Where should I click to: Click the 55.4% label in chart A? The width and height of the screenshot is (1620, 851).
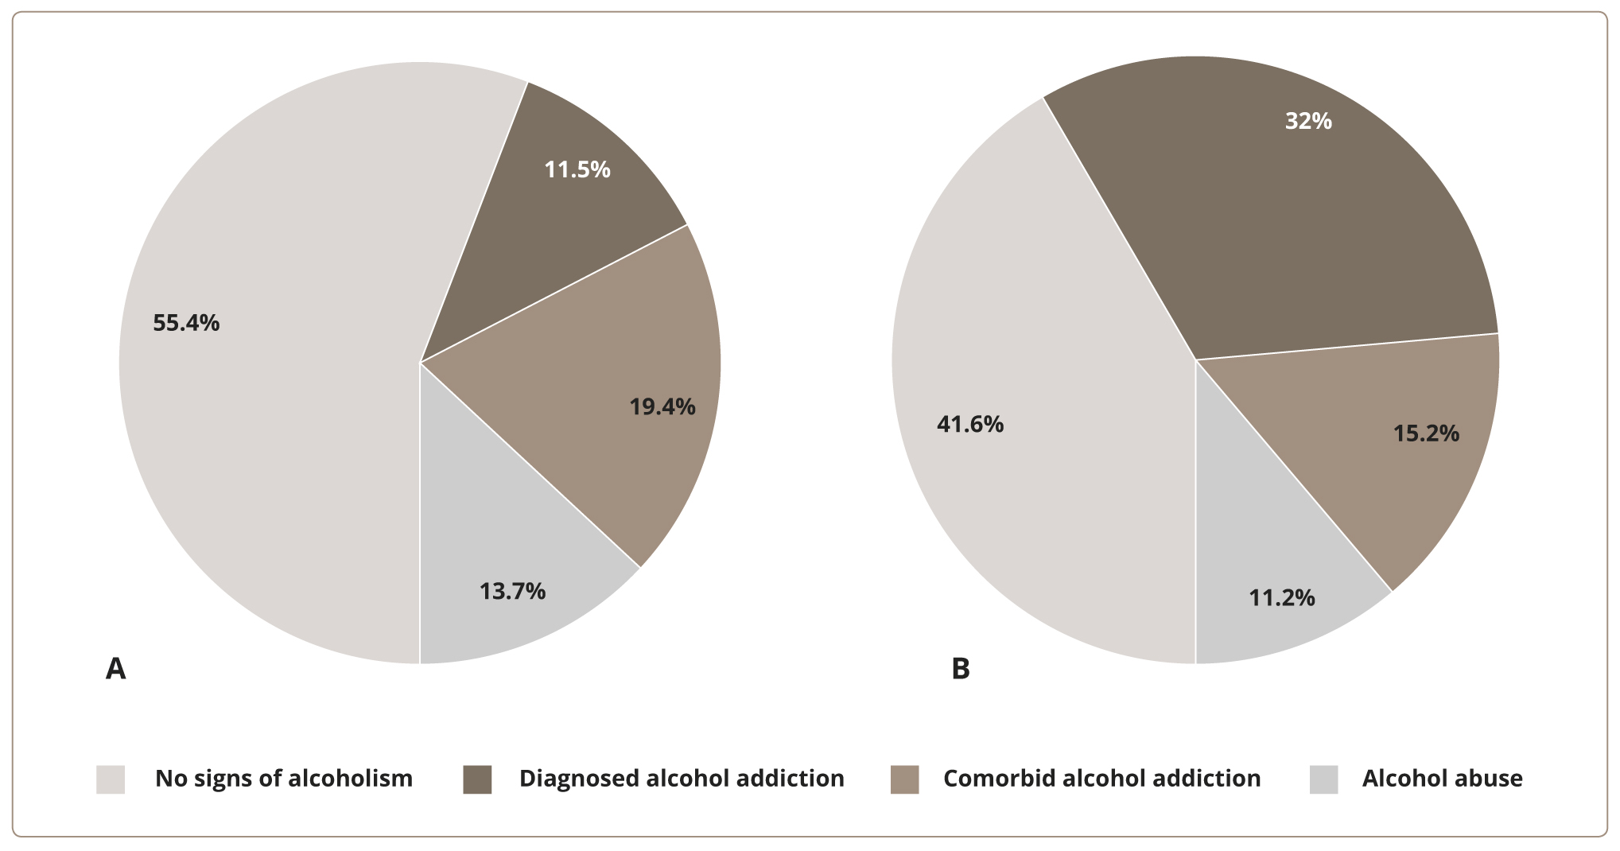coord(186,323)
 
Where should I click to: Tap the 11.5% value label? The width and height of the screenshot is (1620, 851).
coord(577,169)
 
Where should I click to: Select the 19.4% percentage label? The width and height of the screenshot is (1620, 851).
coord(662,407)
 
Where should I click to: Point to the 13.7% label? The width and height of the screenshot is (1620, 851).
coord(512,591)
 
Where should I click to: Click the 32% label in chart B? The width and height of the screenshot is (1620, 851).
coord(1308,121)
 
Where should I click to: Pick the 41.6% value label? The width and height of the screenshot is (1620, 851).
coord(970,425)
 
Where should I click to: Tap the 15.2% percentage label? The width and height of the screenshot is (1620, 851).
coord(1426,433)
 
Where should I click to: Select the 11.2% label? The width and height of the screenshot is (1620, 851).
coord(1282,597)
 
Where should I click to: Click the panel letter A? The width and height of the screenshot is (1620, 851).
coord(116,669)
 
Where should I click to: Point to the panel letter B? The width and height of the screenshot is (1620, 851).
coord(961,669)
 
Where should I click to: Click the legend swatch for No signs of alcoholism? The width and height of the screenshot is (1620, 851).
coord(111,779)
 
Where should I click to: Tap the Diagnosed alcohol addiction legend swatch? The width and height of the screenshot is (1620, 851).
coord(477,779)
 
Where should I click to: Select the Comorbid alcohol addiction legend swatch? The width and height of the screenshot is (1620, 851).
coord(905,779)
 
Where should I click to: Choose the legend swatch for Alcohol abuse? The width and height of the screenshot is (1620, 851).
coord(1323,779)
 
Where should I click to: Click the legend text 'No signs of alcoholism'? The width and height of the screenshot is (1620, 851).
coord(284,779)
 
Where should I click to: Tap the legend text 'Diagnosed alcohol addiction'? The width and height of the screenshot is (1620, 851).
coord(682,779)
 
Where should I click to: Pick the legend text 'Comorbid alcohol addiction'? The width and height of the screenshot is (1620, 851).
coord(1101,779)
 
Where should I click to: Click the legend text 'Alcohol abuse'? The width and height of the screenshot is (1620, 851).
coord(1442,779)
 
